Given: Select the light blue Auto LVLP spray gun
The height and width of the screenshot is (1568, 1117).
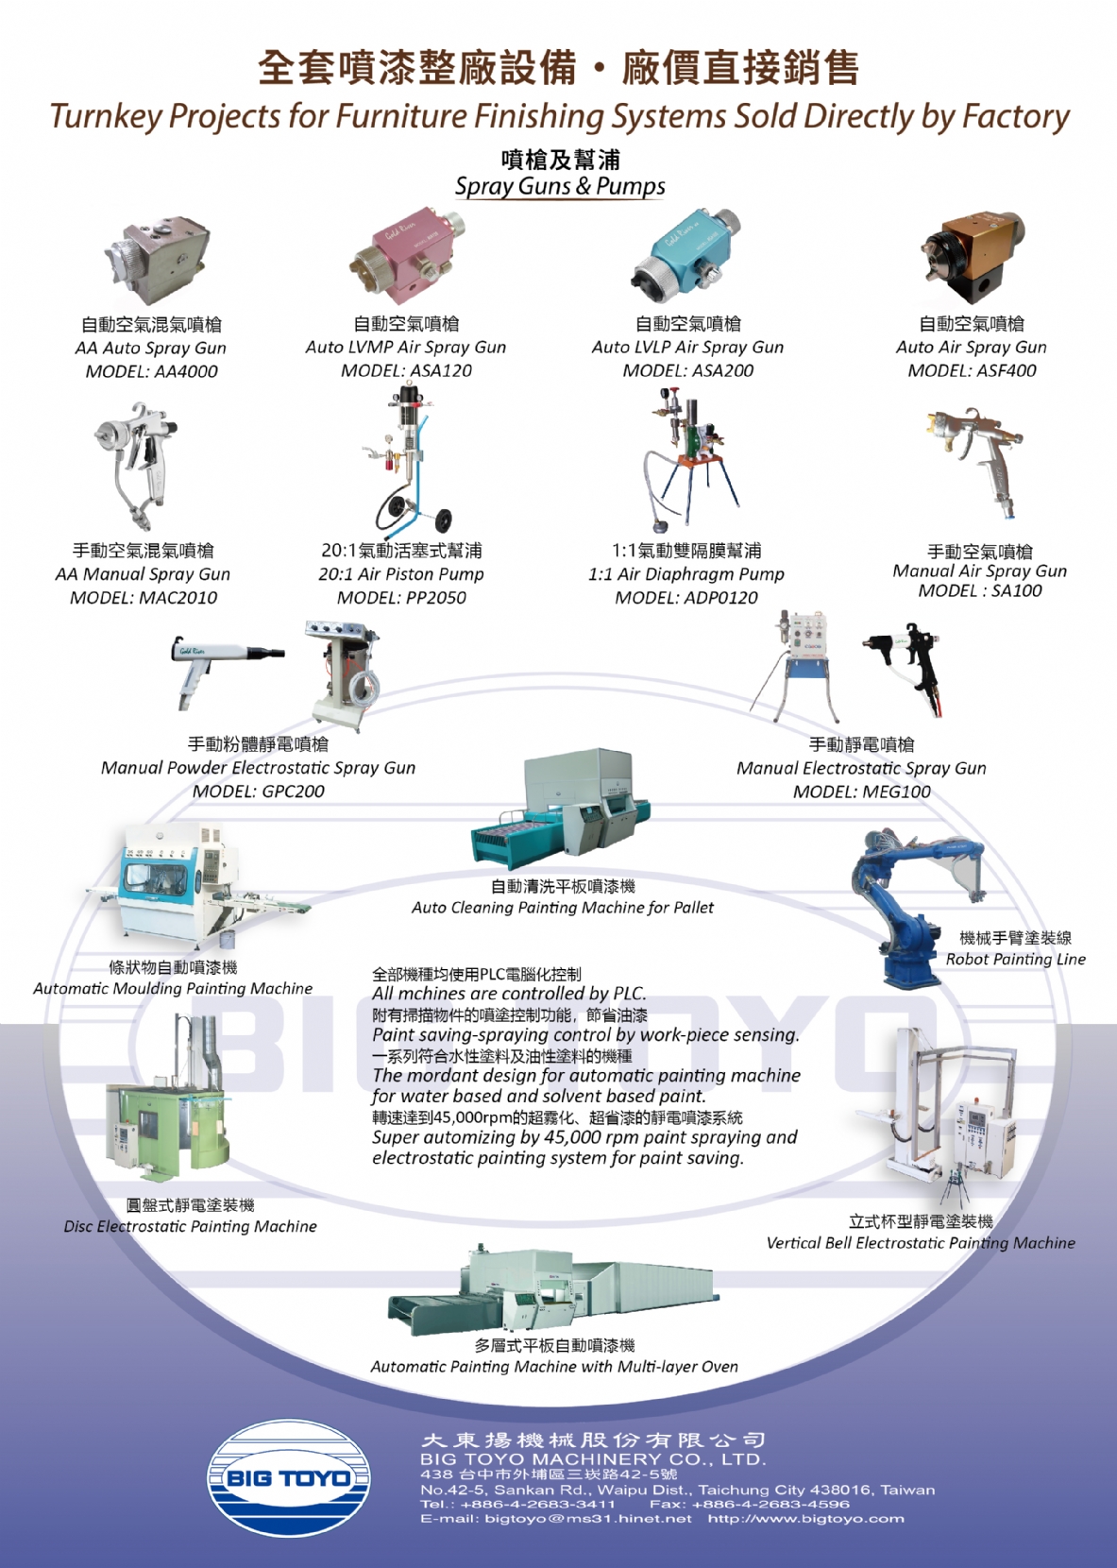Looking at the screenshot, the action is point(685,253).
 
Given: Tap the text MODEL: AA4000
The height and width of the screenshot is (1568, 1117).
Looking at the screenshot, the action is point(151,372).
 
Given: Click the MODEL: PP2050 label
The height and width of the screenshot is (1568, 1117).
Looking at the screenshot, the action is point(401,598).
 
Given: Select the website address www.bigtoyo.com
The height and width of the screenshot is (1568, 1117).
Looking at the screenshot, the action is point(805,1519).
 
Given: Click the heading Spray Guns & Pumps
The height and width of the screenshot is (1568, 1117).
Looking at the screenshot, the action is point(560,186).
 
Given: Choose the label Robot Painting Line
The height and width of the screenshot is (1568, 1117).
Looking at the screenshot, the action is point(1016,959).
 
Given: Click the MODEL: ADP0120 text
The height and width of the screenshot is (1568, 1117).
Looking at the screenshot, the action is point(685,598).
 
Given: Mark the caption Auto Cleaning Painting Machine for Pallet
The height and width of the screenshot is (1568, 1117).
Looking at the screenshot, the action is point(563,908).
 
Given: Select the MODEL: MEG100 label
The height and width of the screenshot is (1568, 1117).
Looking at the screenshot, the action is point(861,792).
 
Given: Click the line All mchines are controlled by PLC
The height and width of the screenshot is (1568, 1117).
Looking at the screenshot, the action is point(509,994).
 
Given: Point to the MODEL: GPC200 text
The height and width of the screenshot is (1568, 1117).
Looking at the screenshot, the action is point(259,792).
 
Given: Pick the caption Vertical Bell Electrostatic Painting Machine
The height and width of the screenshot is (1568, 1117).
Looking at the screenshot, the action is point(921,1242).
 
